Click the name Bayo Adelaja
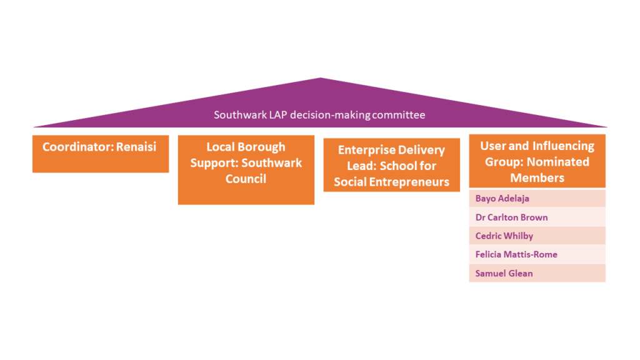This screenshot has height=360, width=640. coord(502,199)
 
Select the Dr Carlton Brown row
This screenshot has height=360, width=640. coord(511,217)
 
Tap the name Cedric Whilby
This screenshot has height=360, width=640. coord(504,236)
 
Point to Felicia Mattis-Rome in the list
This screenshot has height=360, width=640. coord(516,254)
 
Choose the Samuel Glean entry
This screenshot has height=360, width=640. coord(504,273)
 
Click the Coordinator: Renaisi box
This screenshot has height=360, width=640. coord(101,154)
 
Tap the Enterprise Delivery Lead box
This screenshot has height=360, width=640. coord(391,165)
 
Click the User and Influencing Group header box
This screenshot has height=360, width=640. coord(537,161)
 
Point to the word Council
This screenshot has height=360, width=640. coord(246,179)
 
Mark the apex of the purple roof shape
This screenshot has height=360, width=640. coord(320,79)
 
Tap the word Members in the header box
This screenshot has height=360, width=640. coord(537,177)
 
